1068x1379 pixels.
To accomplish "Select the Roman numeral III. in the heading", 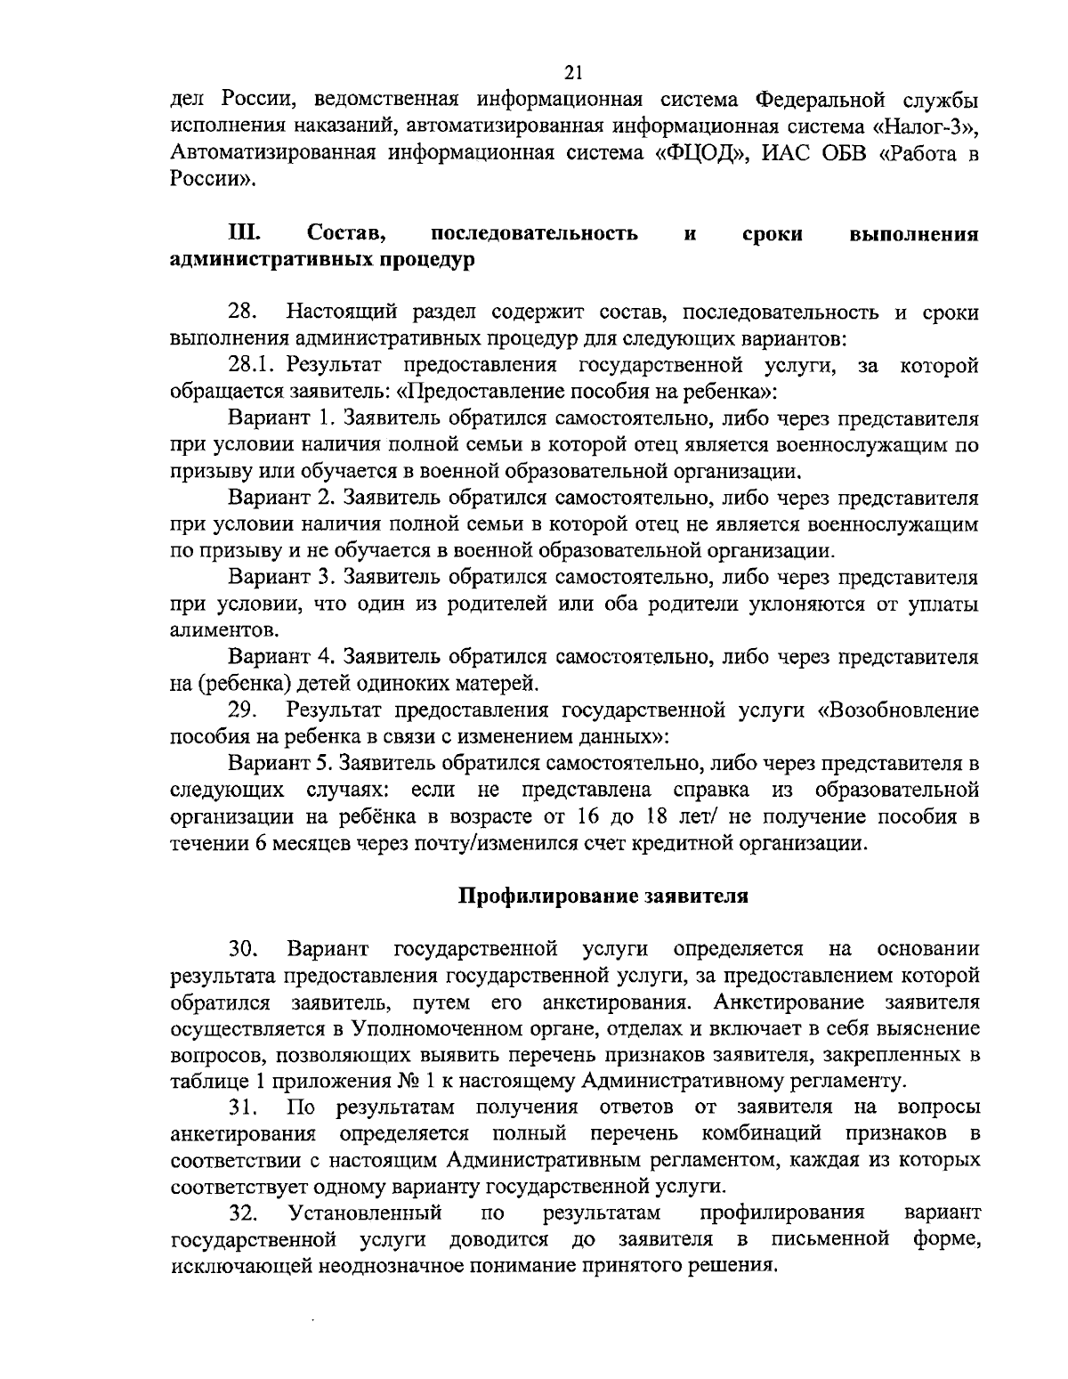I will click(x=243, y=234).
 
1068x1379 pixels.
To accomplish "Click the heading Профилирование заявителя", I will click(x=603, y=896).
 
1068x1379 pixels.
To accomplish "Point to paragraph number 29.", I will click(x=242, y=710).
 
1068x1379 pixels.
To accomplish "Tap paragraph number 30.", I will click(x=243, y=948).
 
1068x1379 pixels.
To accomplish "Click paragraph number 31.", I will click(x=243, y=1108).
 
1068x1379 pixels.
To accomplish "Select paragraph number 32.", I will click(x=243, y=1213).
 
